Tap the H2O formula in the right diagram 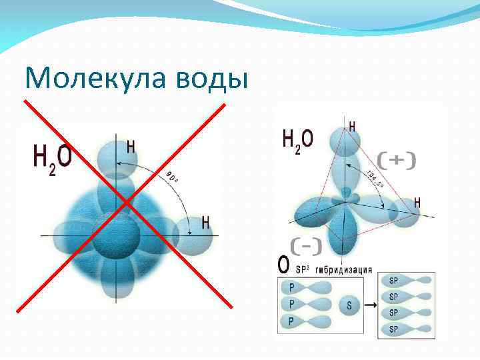pyautogui.click(x=297, y=140)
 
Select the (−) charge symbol pyautogui.click(x=305, y=247)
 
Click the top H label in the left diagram pyautogui.click(x=131, y=146)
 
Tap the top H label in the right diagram pyautogui.click(x=351, y=125)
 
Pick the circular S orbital pyautogui.click(x=349, y=306)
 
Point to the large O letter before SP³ pyautogui.click(x=283, y=265)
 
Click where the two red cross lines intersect pyautogui.click(x=127, y=201)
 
